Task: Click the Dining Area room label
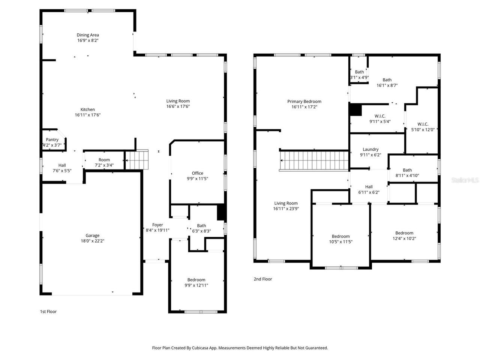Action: tap(88, 35)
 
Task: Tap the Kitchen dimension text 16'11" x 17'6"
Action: tap(88, 115)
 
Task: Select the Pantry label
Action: tap(52, 139)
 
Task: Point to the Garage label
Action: tap(92, 235)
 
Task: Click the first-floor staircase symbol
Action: tap(137, 160)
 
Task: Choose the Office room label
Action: tap(198, 173)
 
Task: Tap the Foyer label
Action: tap(157, 225)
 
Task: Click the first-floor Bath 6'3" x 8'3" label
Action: tap(201, 226)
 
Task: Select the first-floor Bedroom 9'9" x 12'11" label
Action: tap(196, 280)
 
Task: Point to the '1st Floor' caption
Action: tap(48, 312)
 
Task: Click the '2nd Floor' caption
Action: tap(263, 279)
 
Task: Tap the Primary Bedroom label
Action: tap(304, 101)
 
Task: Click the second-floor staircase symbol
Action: tap(314, 160)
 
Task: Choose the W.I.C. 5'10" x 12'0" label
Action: tap(423, 124)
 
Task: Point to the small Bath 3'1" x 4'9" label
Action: tap(359, 72)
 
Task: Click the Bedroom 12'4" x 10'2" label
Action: tap(404, 233)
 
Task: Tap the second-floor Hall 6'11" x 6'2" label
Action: tap(369, 187)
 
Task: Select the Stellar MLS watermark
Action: tap(465, 180)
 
